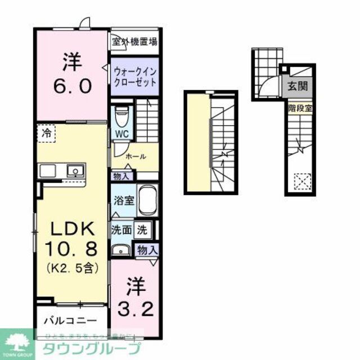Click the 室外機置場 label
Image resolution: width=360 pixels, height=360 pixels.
coord(134,41)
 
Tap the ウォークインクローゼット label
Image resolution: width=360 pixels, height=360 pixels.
coord(134,76)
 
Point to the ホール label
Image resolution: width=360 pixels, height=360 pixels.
coord(136,156)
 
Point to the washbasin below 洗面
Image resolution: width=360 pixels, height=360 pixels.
coord(120,250)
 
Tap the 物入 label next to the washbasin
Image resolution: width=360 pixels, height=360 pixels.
coord(147,250)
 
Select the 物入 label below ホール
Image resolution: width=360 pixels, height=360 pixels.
coord(121,176)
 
